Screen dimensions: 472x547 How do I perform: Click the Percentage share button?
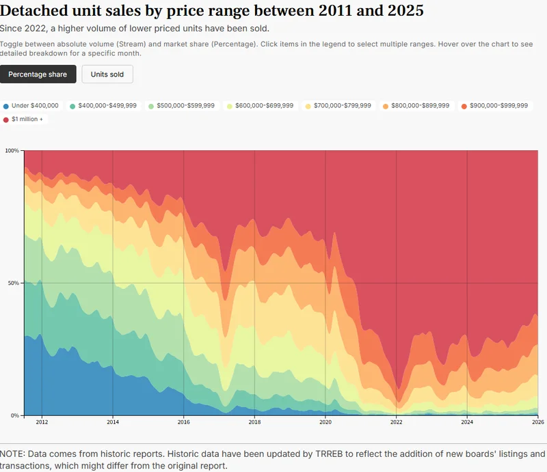(x=38, y=74)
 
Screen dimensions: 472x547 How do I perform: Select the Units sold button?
(x=107, y=74)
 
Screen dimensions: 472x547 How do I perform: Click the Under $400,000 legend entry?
(x=31, y=106)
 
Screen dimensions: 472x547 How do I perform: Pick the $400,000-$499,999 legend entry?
(x=103, y=106)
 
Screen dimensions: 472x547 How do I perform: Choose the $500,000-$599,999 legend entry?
(x=181, y=106)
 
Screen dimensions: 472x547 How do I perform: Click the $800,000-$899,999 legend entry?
(x=416, y=106)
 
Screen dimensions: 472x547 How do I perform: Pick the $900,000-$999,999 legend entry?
(x=494, y=106)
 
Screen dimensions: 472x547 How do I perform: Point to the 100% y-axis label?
(x=12, y=150)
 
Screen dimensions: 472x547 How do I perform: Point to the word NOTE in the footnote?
(x=14, y=454)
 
